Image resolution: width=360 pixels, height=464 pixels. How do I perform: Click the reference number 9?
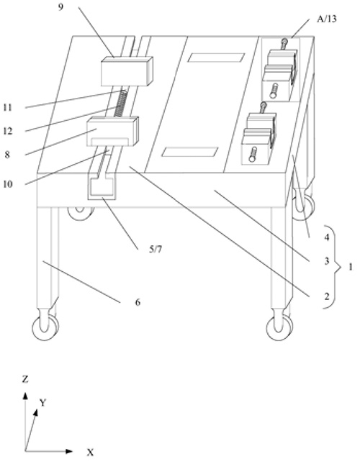click(60, 6)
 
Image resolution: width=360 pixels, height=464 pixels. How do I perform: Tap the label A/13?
click(327, 19)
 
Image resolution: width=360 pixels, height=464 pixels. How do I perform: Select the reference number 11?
click(8, 107)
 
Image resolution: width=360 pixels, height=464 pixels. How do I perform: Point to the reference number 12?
click(8, 131)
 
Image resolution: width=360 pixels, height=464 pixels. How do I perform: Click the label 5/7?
click(156, 250)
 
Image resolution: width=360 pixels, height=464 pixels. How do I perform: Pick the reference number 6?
click(138, 302)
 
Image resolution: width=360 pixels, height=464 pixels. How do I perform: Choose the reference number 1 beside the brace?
click(351, 267)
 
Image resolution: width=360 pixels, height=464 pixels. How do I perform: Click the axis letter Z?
click(25, 379)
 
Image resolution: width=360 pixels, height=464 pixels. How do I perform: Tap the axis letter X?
click(90, 452)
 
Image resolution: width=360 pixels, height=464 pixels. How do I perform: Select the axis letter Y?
click(43, 403)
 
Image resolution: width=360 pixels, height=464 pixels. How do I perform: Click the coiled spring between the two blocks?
click(120, 104)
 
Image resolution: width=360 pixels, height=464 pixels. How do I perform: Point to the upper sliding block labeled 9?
click(127, 71)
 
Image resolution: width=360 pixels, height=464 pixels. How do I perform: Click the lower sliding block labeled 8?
click(112, 131)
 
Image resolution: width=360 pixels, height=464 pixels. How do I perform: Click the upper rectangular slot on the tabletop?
click(216, 58)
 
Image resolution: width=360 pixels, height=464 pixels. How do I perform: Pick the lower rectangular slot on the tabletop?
click(190, 152)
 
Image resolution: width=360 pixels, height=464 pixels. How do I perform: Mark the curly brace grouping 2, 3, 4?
click(335, 267)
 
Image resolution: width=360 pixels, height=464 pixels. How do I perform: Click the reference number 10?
click(8, 184)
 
